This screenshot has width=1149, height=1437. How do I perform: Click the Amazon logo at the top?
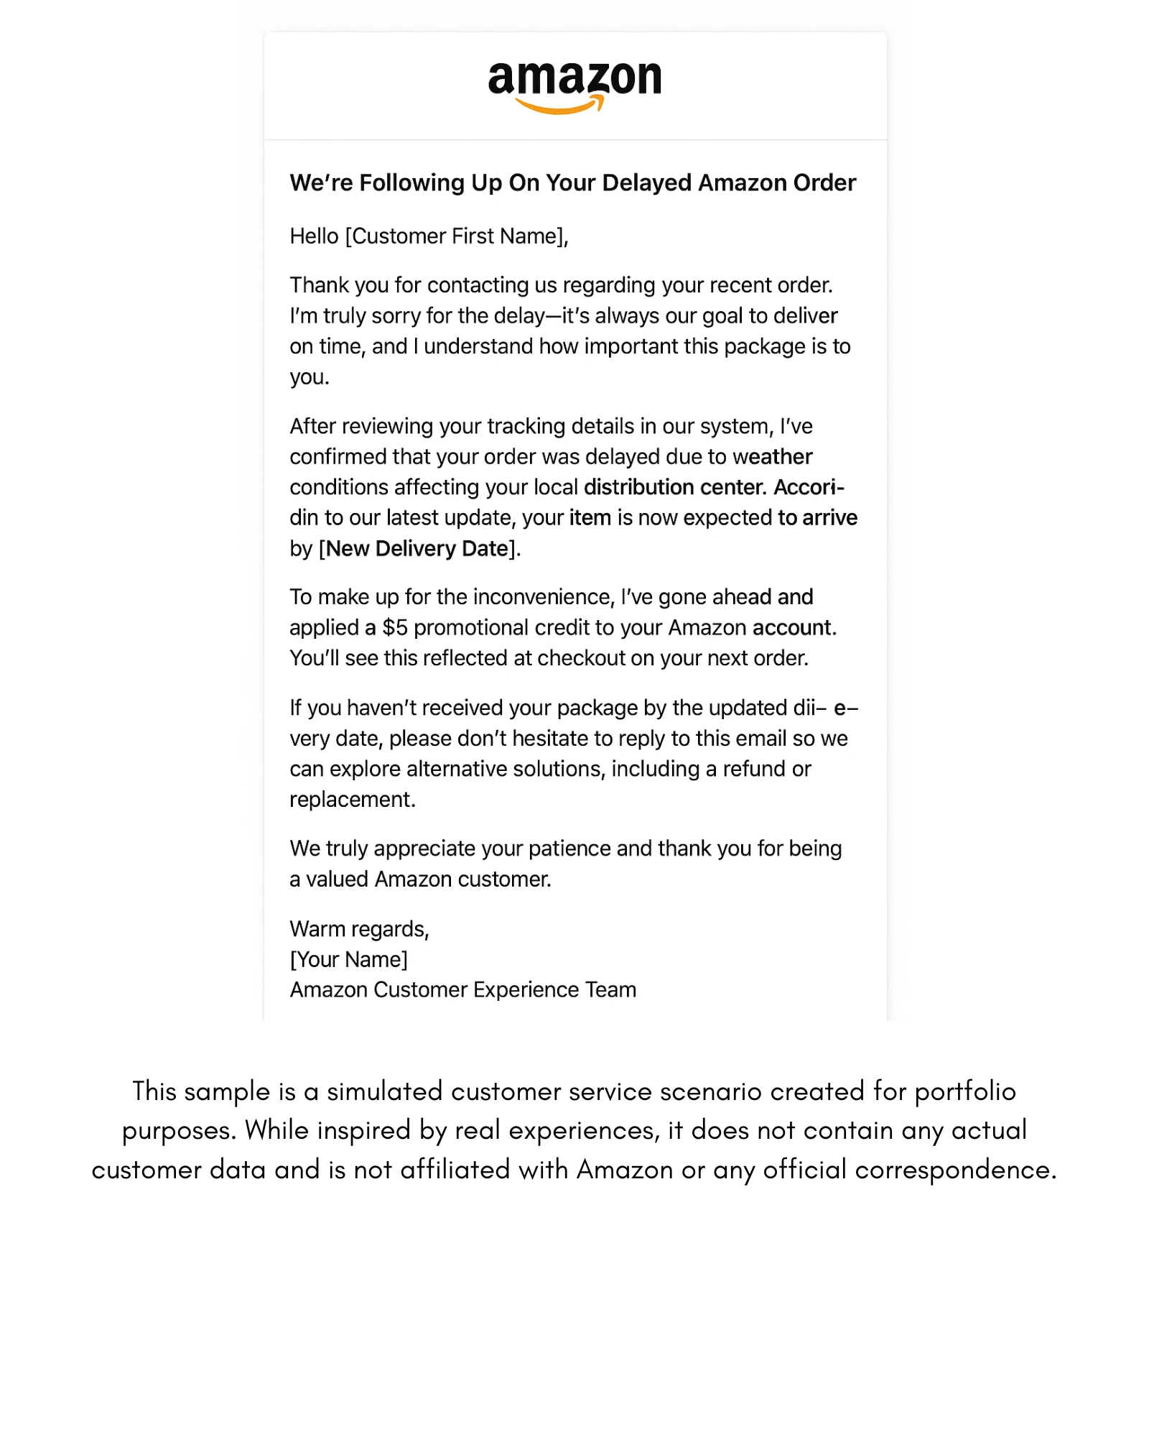click(x=574, y=80)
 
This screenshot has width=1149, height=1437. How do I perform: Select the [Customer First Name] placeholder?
click(x=455, y=236)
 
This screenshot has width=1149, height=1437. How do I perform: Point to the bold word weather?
click(x=773, y=457)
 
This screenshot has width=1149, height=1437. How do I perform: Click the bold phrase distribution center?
click(x=675, y=487)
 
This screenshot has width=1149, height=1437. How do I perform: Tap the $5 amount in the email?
click(x=395, y=628)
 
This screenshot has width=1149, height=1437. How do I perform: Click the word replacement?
click(x=352, y=800)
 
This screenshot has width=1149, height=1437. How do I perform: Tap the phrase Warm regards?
click(x=359, y=929)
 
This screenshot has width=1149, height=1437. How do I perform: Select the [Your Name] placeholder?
click(x=348, y=960)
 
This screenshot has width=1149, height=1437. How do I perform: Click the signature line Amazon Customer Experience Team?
click(x=463, y=990)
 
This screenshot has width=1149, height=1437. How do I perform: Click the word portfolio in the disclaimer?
click(x=966, y=1091)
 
